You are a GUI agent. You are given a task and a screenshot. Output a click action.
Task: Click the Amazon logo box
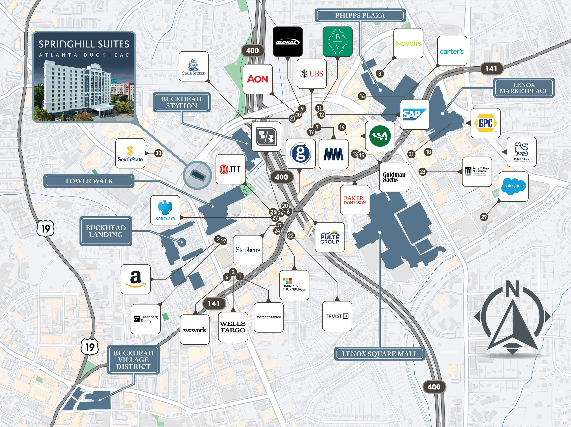tap(135, 279)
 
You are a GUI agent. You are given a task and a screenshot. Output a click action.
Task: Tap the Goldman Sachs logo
tap(394, 177)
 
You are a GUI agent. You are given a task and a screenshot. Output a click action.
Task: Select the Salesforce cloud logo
tap(514, 186)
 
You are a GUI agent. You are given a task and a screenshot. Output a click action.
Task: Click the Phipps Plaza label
tap(360, 16)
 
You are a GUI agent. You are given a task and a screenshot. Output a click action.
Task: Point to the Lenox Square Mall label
tap(379, 354)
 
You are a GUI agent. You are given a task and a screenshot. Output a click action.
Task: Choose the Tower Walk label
tap(89, 181)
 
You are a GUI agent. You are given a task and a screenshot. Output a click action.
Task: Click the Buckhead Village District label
tap(133, 360)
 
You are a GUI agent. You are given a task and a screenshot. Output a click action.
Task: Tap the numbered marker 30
tap(158, 153)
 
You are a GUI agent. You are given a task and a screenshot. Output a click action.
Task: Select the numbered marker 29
tap(484, 217)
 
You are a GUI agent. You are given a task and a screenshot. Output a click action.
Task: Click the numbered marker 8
tap(379, 73)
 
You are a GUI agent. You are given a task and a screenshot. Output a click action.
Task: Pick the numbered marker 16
tap(362, 96)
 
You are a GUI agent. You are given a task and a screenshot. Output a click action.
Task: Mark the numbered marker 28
tap(423, 172)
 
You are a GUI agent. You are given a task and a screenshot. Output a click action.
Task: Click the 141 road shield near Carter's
tap(491, 69)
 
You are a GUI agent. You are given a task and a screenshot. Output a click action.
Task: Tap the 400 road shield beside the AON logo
tap(252, 51)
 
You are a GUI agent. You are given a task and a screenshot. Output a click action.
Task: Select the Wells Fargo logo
tap(233, 327)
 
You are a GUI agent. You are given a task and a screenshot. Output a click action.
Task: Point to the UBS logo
tap(312, 74)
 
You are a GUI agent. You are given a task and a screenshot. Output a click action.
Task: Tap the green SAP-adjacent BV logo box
tap(337, 41)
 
